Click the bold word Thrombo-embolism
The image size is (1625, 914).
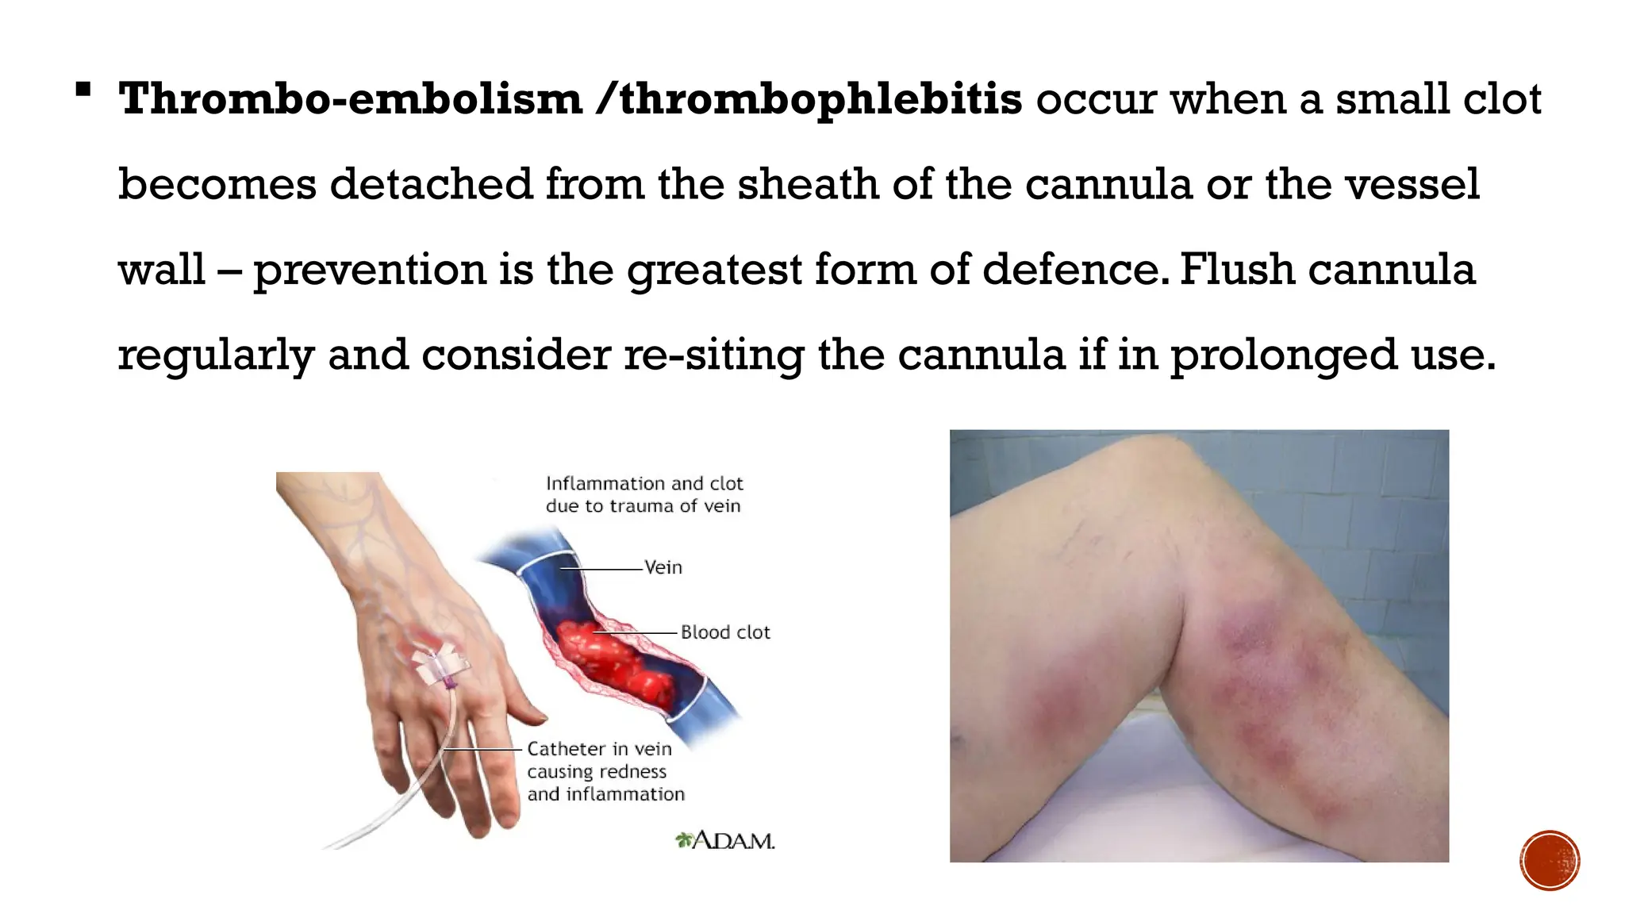350,99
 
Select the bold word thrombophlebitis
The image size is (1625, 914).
820,99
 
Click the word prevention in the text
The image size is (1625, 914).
370,270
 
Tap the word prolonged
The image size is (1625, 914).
1283,355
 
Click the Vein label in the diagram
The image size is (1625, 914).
663,567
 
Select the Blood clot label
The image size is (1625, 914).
725,632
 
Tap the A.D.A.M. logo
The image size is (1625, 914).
725,840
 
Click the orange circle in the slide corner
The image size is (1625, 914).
1549,860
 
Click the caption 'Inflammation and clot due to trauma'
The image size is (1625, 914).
643,494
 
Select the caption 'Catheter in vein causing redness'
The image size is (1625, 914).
605,771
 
